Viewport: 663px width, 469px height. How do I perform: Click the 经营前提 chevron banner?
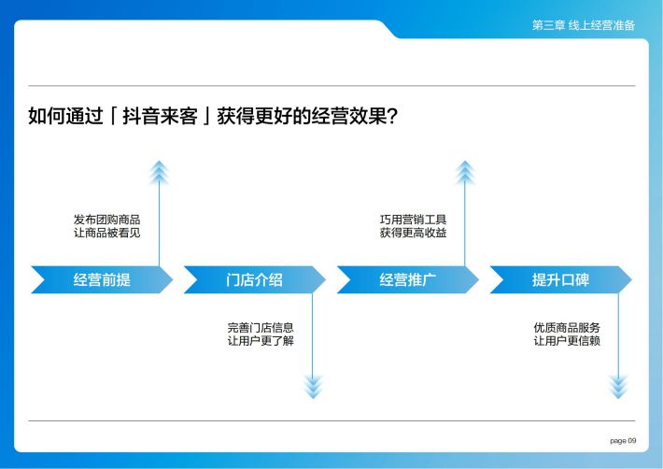point(102,279)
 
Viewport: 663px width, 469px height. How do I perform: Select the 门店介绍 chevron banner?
point(255,279)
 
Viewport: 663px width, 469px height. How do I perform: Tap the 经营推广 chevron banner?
point(408,279)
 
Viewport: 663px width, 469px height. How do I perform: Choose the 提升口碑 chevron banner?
point(561,279)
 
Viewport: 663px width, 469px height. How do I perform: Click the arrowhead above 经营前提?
point(159,173)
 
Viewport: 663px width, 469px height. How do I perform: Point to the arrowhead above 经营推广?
point(465,173)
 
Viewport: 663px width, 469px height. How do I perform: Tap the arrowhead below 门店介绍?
point(313,387)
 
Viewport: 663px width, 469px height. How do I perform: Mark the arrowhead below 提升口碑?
point(618,387)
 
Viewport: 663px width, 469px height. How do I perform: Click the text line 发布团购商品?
point(107,220)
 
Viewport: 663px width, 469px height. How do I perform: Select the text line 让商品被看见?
point(107,233)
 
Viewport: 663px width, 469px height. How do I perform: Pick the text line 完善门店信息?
point(261,327)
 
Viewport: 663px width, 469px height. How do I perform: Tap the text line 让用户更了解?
point(261,340)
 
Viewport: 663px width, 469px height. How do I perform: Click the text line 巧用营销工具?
point(413,220)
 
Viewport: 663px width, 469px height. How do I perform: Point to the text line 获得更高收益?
point(413,233)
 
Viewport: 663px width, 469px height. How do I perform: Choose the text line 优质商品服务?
point(567,327)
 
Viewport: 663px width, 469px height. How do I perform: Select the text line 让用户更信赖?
point(567,340)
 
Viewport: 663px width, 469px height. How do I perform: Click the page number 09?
point(631,440)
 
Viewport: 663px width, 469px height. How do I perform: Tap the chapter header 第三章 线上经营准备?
point(584,25)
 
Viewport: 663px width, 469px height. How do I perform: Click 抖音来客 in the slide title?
point(160,116)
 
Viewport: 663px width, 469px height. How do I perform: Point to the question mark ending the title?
point(392,116)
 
